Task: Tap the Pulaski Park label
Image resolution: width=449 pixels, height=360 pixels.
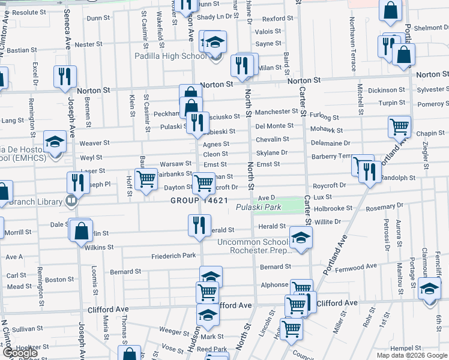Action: [x=259, y=208]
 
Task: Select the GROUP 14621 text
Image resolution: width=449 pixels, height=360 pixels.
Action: [x=199, y=200]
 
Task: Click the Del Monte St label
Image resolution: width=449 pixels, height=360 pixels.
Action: [x=274, y=126]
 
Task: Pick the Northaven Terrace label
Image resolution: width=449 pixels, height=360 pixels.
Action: [x=352, y=35]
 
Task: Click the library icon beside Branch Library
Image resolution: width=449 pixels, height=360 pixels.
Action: [x=71, y=201]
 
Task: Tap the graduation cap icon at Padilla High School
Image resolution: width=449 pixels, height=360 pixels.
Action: [x=214, y=43]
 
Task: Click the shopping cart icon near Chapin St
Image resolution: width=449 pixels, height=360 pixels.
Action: [x=399, y=127]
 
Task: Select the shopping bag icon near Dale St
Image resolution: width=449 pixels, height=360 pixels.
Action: [x=80, y=231]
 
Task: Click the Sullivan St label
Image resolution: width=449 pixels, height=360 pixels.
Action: [x=26, y=329]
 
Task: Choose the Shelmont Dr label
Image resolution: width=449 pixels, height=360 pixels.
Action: [x=428, y=28]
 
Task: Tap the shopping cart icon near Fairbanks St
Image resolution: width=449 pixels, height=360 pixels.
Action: [x=146, y=179]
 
